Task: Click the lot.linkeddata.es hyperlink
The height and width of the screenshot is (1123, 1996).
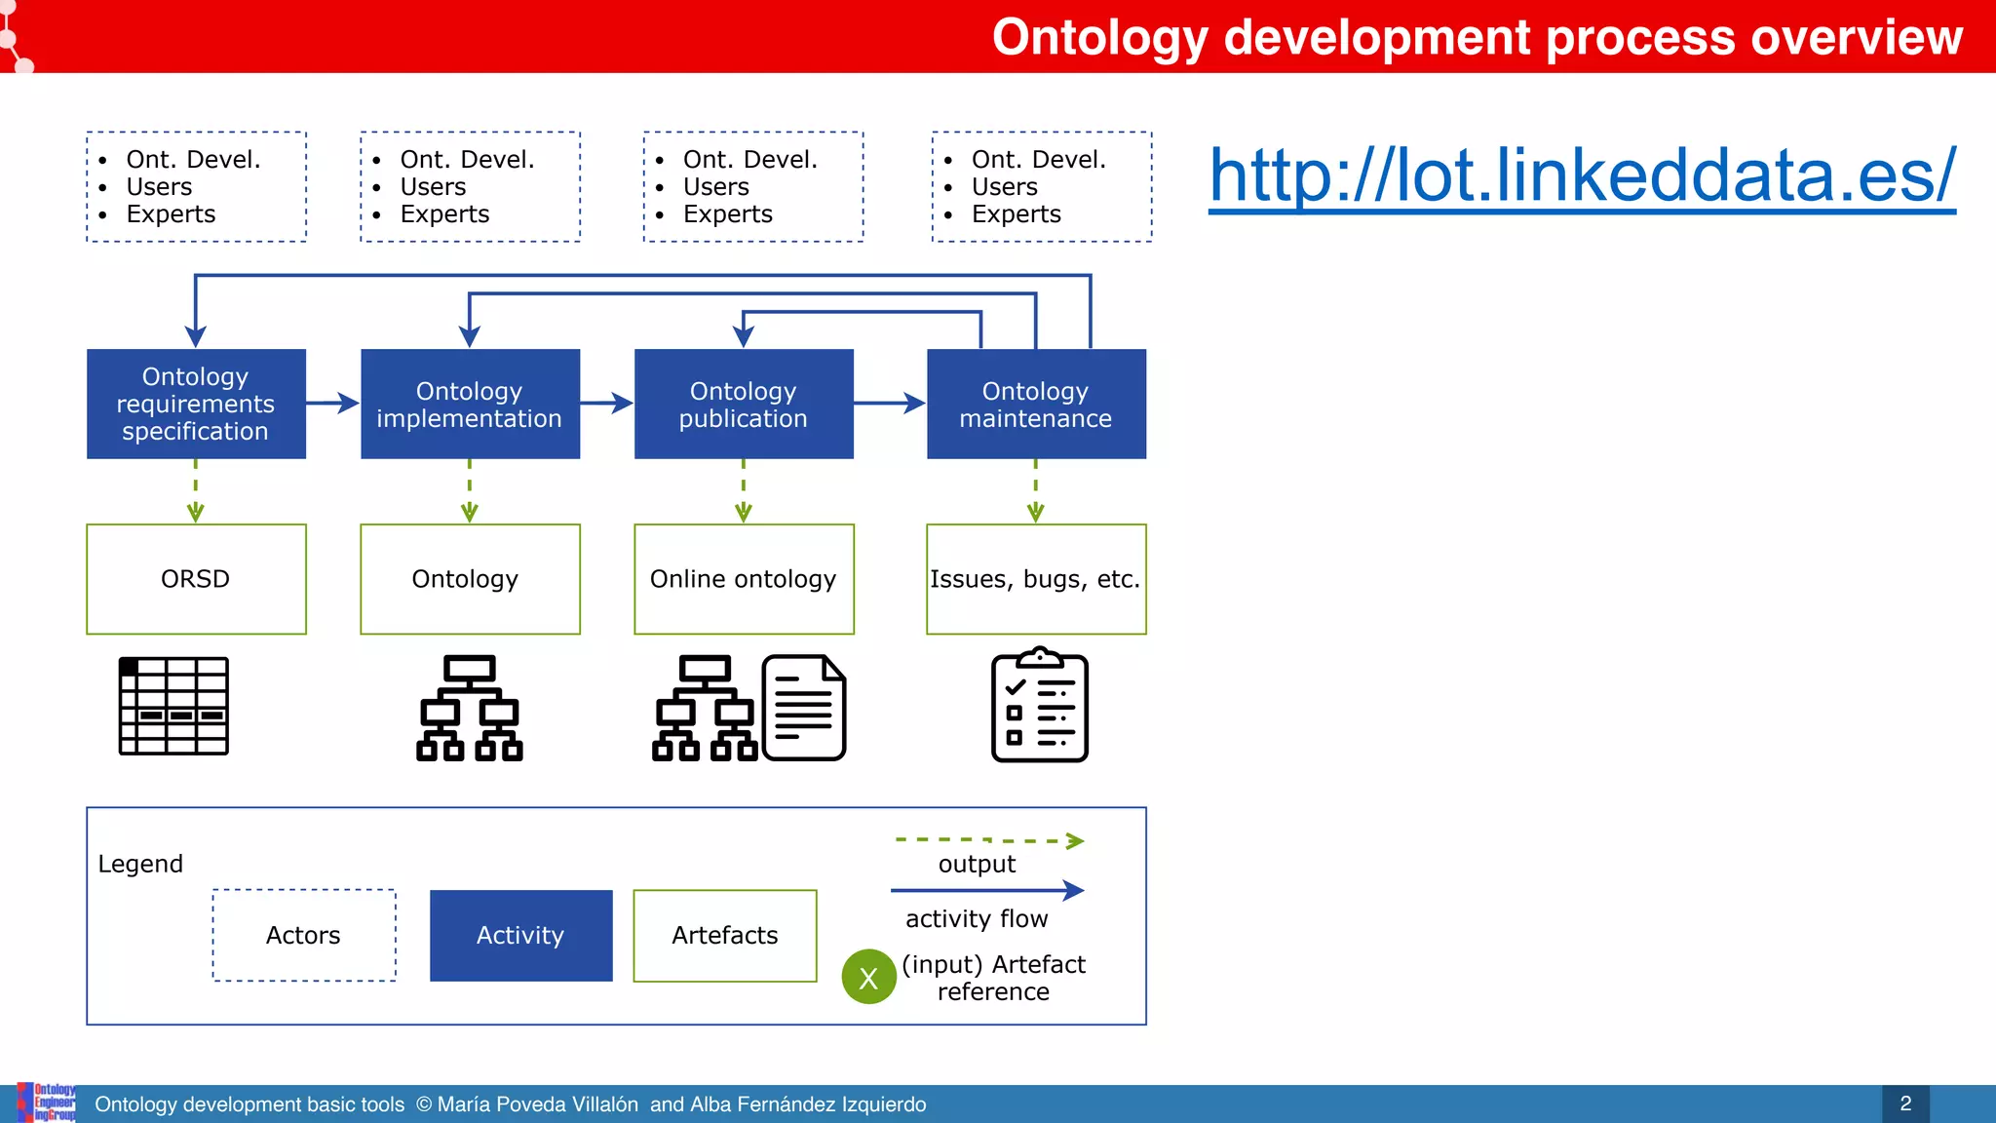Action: (1581, 175)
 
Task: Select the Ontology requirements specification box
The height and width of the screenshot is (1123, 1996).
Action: (196, 404)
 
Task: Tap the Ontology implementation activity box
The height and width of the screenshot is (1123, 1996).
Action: (470, 404)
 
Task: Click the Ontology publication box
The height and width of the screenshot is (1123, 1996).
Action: (744, 404)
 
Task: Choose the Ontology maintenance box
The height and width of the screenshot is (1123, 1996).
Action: (1036, 404)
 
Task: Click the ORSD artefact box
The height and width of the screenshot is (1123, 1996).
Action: (196, 579)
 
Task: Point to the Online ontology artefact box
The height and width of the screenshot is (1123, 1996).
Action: (744, 579)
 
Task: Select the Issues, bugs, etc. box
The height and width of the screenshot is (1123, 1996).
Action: (1036, 579)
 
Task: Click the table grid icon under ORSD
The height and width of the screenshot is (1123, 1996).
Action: (173, 706)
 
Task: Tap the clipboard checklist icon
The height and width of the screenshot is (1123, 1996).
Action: (1039, 705)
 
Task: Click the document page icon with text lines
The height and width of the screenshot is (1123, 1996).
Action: (804, 708)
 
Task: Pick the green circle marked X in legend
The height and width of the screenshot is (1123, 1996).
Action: (868, 977)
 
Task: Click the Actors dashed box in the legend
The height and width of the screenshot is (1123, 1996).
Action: (304, 935)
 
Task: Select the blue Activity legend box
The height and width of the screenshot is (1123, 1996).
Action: (520, 935)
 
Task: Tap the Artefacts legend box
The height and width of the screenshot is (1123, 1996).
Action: (724, 935)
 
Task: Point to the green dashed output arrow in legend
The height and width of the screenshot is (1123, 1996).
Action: (988, 840)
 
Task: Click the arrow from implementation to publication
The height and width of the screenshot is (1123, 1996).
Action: (607, 403)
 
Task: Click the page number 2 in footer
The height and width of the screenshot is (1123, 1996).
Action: (1905, 1104)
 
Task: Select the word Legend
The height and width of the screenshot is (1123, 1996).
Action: (140, 864)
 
